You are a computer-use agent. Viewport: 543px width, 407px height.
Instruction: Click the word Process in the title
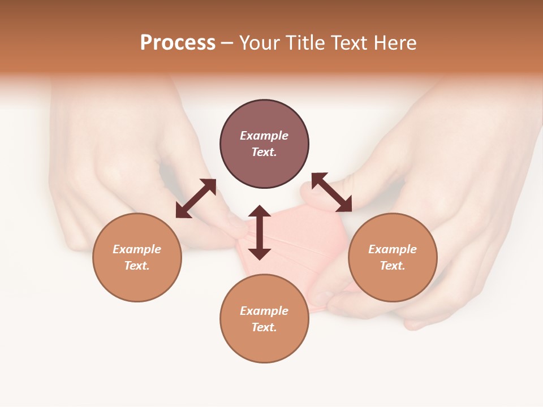click(178, 43)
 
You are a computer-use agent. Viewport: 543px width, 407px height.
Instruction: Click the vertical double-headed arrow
click(260, 232)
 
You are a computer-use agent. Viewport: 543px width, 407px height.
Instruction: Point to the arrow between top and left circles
click(196, 198)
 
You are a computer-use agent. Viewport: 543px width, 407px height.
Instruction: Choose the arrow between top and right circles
click(331, 192)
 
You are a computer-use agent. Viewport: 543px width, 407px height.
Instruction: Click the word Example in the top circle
click(264, 136)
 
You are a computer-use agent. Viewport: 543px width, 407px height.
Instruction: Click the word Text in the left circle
click(136, 266)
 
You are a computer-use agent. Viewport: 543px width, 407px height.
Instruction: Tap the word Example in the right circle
click(393, 249)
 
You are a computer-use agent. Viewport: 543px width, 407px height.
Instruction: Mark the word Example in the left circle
click(137, 249)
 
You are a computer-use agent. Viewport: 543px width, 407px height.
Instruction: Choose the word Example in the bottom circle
click(264, 311)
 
